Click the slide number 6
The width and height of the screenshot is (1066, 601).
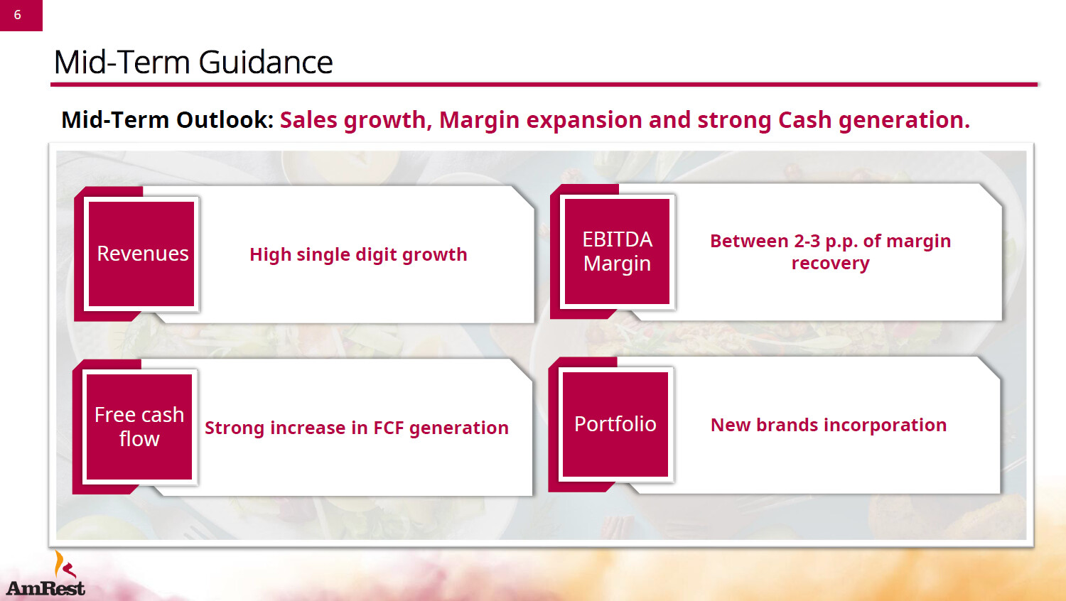[x=18, y=15]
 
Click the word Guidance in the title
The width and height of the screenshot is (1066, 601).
[x=266, y=63]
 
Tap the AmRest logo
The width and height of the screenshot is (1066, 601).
[x=45, y=574]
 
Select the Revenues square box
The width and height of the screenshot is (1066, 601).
[x=141, y=254]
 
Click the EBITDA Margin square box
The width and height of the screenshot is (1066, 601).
[x=617, y=251]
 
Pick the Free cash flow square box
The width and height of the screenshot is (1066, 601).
[x=139, y=427]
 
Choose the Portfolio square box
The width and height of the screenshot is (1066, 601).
[x=615, y=424]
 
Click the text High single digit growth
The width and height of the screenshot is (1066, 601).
[x=358, y=254]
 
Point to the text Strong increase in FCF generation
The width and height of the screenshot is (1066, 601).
[x=357, y=428]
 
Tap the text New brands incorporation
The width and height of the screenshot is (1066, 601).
[x=829, y=425]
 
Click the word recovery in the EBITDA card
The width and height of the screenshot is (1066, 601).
[x=831, y=263]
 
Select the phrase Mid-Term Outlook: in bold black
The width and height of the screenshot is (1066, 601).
[x=168, y=120]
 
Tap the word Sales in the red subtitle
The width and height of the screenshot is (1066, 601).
[x=309, y=120]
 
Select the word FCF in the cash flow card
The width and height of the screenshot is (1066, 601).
[x=388, y=428]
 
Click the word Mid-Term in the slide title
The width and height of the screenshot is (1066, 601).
[x=122, y=63]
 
